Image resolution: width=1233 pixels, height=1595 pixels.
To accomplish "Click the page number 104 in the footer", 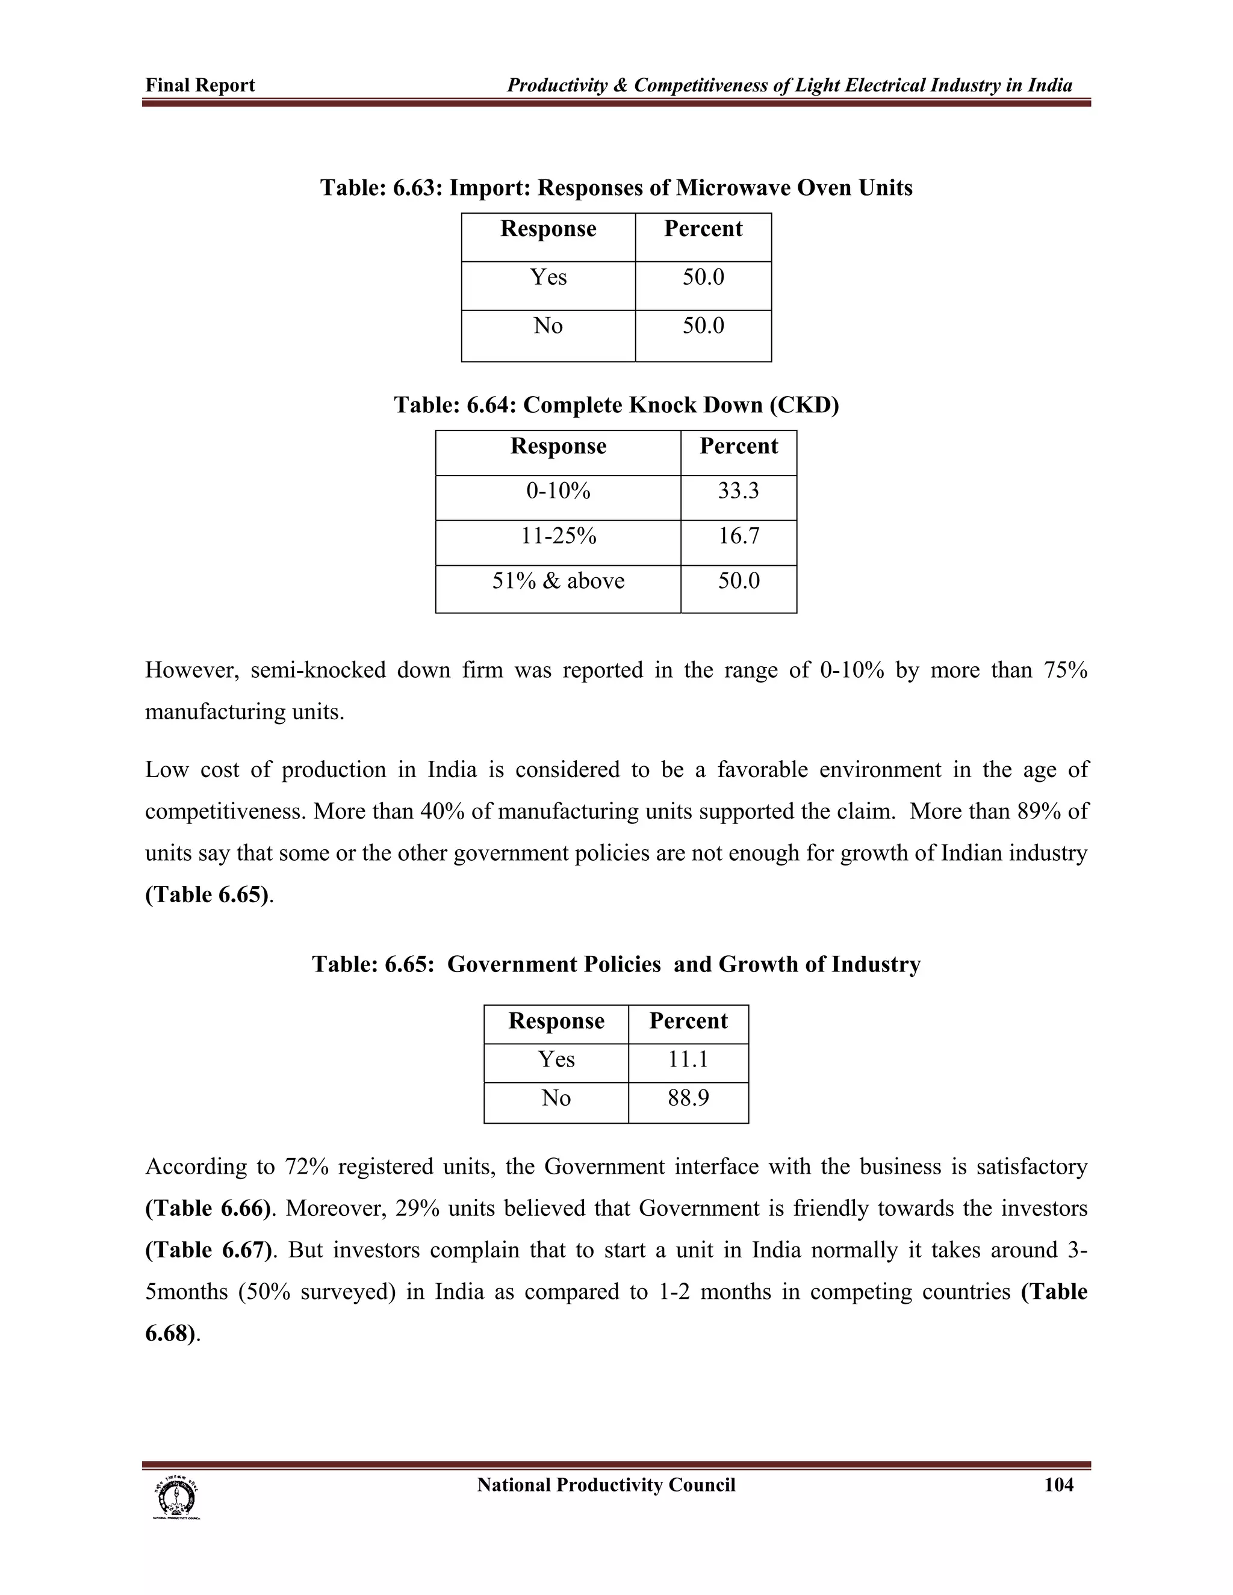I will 1058,1485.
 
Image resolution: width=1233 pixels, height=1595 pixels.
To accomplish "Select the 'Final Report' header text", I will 200,85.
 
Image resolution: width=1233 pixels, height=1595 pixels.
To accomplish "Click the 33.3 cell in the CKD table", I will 739,491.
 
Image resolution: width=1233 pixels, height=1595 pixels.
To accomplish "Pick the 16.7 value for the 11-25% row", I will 739,536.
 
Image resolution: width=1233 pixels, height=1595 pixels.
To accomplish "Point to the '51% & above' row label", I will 558,581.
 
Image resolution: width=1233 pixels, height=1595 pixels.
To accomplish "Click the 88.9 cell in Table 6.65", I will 688,1098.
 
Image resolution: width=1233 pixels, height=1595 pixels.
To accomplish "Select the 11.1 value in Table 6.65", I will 688,1059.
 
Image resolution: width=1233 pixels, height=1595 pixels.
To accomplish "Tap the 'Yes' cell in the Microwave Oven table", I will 548,277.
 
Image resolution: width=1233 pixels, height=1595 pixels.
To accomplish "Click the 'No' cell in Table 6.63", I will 548,326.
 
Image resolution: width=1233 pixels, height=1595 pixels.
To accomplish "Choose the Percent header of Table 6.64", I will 739,446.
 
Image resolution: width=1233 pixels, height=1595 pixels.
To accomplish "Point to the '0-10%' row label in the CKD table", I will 558,491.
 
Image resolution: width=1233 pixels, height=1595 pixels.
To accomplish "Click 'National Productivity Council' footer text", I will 606,1485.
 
